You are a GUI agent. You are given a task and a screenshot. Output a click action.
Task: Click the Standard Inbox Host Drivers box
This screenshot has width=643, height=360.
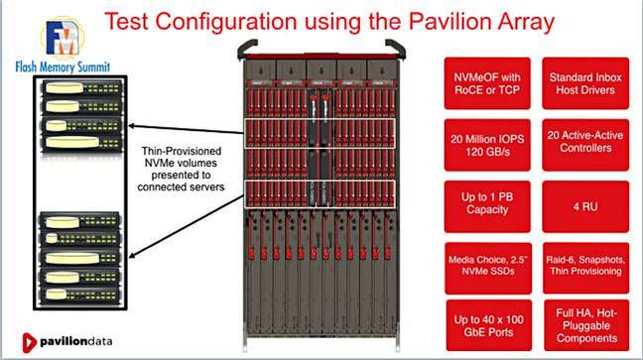tap(583, 82)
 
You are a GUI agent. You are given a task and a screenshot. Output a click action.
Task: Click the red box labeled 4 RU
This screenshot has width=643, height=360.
tap(583, 205)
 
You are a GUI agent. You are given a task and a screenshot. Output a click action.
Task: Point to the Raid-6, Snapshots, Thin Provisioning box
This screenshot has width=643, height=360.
tap(583, 265)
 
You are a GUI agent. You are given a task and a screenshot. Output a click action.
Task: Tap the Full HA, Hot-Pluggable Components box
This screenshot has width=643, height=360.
tap(583, 323)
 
